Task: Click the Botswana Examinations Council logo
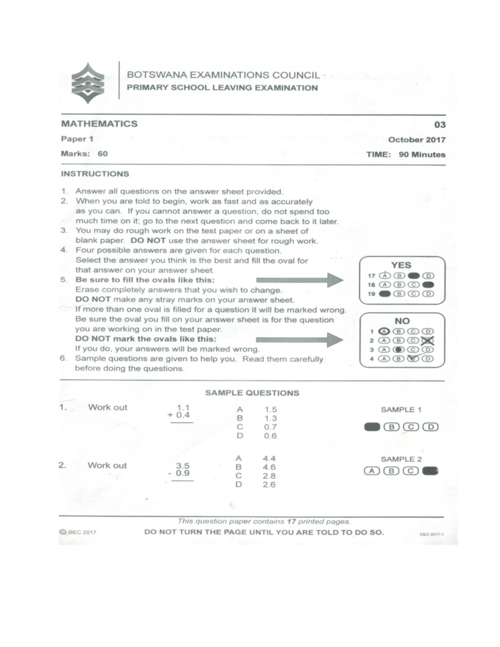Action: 88,83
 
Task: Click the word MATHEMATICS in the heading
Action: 100,124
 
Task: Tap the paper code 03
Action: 440,125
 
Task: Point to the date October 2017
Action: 417,140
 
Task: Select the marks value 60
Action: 103,154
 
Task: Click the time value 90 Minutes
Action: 422,155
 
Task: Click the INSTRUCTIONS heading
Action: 95,174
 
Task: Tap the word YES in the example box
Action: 401,265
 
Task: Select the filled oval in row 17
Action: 414,276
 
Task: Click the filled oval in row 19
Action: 385,294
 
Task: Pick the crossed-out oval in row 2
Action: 428,340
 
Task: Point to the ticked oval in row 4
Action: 413,358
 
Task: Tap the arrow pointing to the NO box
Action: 300,340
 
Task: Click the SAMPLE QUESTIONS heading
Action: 252,393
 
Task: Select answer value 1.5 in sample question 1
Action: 271,410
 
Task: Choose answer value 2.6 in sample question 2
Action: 269,485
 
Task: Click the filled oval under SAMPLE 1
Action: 372,427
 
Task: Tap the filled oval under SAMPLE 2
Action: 430,471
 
